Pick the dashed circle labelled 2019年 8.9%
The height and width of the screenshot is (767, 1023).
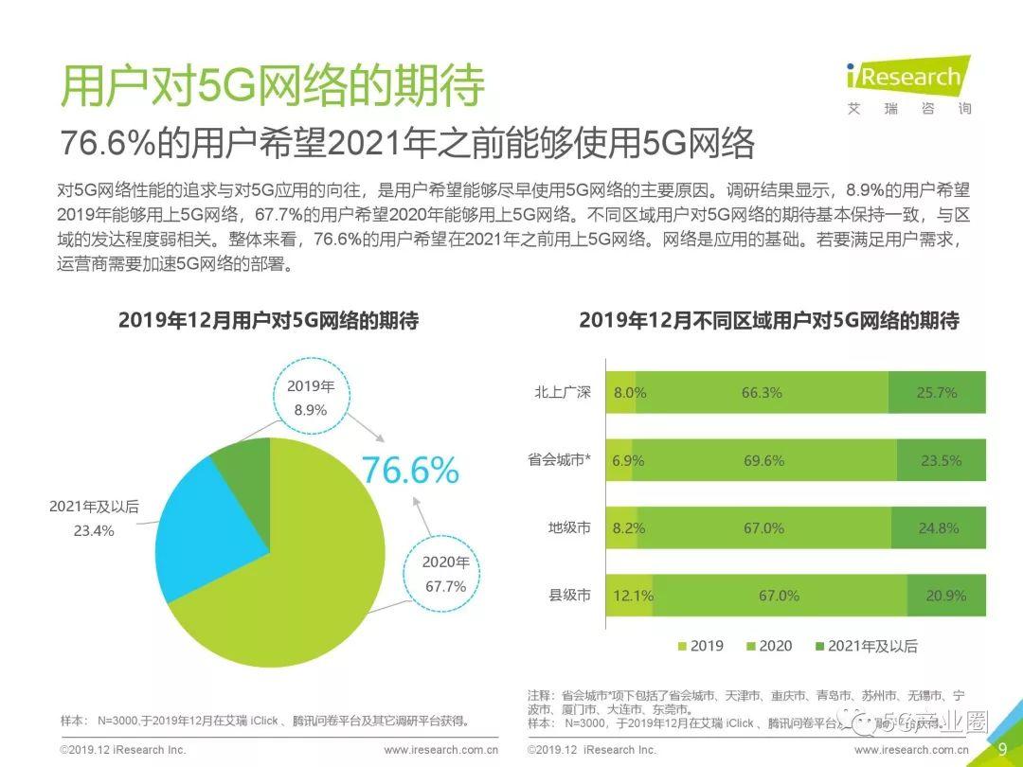coord(311,399)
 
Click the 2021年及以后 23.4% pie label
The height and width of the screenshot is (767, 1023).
coord(94,519)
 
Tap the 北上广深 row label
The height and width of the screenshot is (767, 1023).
coord(563,392)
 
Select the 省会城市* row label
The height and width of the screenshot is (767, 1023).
coord(560,460)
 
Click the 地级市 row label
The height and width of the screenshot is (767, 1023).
coord(569,527)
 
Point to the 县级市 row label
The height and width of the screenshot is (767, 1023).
coord(569,596)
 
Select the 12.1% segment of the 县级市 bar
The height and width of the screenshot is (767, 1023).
coord(629,596)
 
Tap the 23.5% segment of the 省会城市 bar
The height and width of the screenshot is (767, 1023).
coord(940,460)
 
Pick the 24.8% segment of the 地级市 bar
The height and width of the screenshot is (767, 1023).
coord(938,527)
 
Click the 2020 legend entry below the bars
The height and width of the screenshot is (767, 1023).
coord(769,646)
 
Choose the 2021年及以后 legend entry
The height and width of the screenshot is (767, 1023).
coord(866,646)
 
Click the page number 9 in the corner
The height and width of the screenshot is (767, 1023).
coord(1002,749)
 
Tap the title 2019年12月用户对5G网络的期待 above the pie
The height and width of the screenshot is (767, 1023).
coord(268,320)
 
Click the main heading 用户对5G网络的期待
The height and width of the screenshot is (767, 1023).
coord(272,87)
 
